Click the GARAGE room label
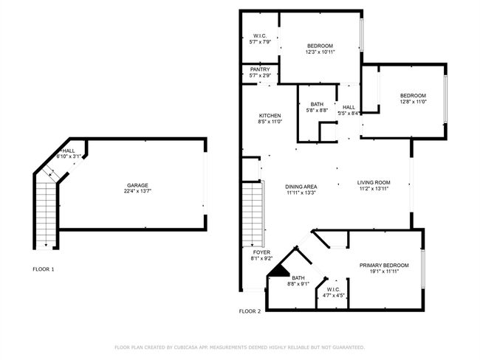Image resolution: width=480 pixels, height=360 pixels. coord(137,185)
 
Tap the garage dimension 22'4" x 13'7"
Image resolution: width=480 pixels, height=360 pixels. coord(137,191)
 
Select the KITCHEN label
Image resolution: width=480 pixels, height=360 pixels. coord(270,116)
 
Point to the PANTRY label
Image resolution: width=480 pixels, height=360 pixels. coord(260,69)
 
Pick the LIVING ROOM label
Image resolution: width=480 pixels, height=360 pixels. coord(374,183)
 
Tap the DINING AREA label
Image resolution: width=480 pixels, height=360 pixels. coord(301,187)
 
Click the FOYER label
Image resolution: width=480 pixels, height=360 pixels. coord(261,252)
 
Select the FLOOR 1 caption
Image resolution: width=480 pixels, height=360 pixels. coord(43,269)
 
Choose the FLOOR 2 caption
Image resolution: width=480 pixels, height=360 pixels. coord(250,311)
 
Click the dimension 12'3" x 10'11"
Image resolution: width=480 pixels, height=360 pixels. coord(320,52)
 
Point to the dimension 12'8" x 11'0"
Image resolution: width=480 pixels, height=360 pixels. coord(414,102)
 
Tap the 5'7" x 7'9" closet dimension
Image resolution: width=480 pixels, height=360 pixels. coord(260,41)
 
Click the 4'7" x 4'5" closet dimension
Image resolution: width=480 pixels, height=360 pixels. coord(333,296)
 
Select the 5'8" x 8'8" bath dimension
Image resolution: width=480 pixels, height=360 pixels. coord(317,110)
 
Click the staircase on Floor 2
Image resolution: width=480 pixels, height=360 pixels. coord(253,214)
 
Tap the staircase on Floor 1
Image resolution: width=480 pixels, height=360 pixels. coord(46,214)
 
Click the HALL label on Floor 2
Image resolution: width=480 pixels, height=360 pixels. coord(349,108)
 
